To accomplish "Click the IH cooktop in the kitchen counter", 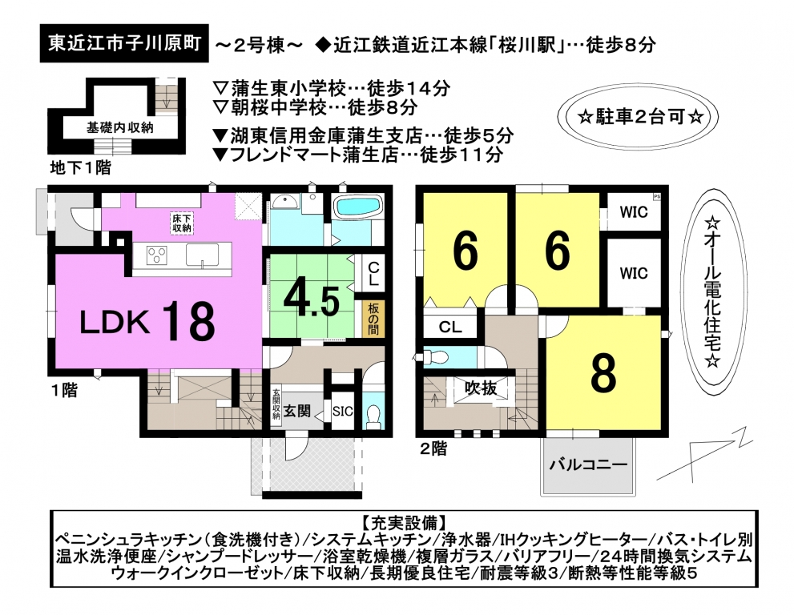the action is coord(157,255).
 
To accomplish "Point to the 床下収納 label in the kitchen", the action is coord(182,223).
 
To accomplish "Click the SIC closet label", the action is coord(342,412).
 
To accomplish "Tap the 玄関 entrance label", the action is coord(296,411).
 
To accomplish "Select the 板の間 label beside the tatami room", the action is coord(373,319).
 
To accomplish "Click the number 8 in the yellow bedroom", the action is coord(603,374).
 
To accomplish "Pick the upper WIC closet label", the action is coord(634,211).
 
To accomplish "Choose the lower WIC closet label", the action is coord(634,273).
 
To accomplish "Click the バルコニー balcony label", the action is coord(589,464).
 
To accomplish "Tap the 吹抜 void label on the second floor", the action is coord(481,388).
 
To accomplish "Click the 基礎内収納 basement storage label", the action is coord(119,127).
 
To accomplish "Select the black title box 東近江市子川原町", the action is coord(124,43).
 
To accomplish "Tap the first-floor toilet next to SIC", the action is coord(374,414).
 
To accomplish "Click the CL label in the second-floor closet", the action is coord(450,327).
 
